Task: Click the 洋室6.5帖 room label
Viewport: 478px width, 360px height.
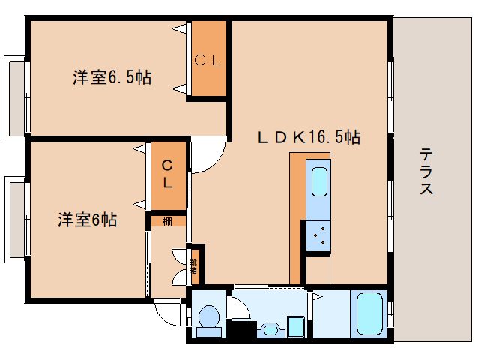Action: [x=112, y=76]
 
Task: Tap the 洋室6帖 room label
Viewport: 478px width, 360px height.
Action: [x=88, y=220]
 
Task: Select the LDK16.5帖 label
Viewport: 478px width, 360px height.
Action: [x=309, y=137]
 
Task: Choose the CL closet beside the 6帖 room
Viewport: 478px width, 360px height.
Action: [x=168, y=174]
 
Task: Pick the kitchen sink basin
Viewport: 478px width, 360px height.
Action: [x=318, y=182]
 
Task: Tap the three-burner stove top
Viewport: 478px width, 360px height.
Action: [x=318, y=235]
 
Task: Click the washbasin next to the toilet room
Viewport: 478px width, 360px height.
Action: [x=270, y=328]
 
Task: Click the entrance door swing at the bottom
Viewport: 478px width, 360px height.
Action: [x=166, y=308]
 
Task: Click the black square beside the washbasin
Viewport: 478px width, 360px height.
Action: [x=239, y=328]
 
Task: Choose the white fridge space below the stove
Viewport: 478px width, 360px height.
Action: [x=318, y=269]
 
